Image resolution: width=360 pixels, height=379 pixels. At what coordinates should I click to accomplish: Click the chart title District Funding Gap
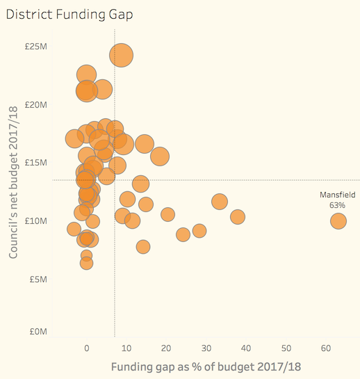point(69,15)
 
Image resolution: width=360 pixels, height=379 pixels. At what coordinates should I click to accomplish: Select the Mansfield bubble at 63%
point(338,221)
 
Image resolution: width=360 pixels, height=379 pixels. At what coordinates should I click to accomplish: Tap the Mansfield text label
point(337,195)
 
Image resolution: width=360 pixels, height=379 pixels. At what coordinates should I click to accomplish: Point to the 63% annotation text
point(337,205)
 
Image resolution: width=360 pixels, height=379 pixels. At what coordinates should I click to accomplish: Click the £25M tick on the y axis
point(35,46)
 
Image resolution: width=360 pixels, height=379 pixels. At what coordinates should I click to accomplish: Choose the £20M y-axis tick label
point(35,105)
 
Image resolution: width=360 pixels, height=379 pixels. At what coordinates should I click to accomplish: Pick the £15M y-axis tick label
point(35,163)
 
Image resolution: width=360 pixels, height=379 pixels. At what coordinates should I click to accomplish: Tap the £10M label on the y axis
point(35,220)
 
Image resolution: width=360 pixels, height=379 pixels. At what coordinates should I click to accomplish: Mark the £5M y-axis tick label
point(38,279)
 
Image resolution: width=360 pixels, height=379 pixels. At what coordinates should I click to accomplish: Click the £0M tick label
point(38,332)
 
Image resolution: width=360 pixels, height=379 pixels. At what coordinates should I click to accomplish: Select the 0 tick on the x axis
point(86,348)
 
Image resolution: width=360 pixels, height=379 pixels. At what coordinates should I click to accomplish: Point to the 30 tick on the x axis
point(206,348)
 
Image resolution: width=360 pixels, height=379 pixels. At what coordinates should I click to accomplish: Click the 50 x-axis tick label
point(286,348)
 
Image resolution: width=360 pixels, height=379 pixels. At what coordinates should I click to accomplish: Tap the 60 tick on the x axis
point(326,348)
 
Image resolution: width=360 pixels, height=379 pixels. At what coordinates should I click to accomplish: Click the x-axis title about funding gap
point(206,367)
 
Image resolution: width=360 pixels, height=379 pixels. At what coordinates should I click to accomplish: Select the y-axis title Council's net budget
point(13,182)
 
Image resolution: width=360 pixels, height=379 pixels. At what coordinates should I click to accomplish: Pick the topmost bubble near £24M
point(121,56)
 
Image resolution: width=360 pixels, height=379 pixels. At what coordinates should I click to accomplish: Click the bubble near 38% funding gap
point(238,217)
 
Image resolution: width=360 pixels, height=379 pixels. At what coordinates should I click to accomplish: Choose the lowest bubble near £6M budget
point(86,263)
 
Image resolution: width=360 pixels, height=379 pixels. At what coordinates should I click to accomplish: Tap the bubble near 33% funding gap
point(220,202)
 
